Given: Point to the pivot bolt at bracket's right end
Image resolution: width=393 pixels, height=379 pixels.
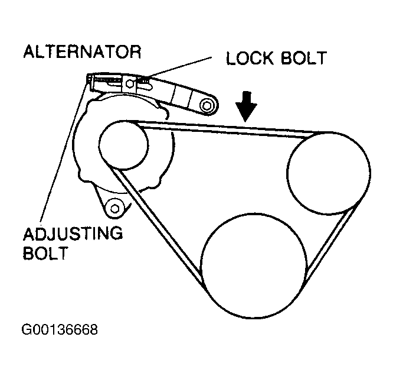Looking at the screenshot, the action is pyautogui.click(x=206, y=106).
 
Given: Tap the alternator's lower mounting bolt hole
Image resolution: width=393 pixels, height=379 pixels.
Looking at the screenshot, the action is pyautogui.click(x=114, y=207).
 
